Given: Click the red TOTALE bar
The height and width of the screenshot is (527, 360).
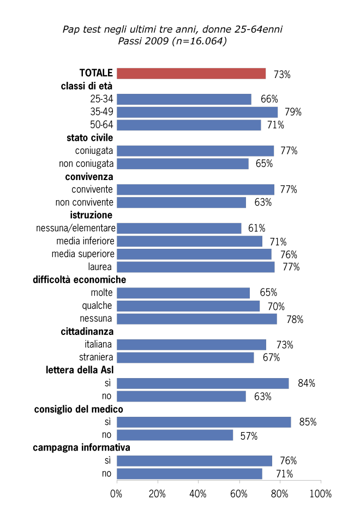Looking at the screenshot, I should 191,74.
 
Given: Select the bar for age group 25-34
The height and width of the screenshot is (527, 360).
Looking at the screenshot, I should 184,99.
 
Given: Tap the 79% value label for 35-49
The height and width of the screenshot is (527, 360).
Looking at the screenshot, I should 293,112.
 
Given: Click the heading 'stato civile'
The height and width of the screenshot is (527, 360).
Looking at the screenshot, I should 89,138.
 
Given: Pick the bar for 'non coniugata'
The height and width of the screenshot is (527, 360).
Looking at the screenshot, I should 182,164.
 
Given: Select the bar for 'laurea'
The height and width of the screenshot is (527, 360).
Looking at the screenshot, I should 195,267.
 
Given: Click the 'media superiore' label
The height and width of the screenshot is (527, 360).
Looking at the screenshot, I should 83,254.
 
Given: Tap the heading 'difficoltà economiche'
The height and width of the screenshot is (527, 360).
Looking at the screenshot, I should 80,280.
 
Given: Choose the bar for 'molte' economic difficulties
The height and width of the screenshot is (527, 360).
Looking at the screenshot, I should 183,293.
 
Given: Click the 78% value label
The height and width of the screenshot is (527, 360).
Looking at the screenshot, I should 295,319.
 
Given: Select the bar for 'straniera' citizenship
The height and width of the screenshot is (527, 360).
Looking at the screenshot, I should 185,357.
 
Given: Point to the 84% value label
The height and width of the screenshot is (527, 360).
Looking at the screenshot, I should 307,384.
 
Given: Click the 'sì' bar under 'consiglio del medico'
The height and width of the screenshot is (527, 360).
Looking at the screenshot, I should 203,422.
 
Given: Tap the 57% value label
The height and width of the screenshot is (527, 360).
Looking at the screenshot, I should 249,436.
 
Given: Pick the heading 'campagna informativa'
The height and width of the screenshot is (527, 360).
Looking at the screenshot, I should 81,448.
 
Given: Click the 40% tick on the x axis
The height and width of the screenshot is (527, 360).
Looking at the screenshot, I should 198,494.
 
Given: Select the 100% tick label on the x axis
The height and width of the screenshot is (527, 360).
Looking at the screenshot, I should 320,494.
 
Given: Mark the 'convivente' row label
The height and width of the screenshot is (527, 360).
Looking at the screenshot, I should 92,190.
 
